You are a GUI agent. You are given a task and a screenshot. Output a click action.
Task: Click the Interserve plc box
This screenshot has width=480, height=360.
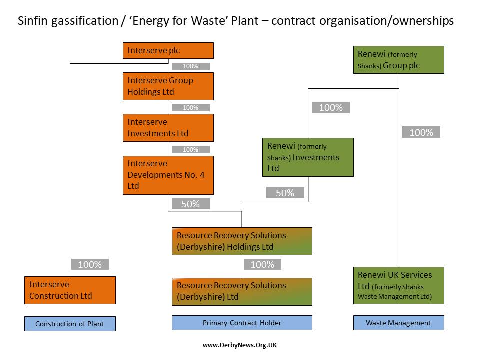[x=168, y=50]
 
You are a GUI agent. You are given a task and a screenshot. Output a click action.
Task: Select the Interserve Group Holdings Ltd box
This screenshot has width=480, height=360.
[x=168, y=86]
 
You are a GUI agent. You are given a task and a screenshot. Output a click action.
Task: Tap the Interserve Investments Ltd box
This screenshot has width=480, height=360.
[x=168, y=127]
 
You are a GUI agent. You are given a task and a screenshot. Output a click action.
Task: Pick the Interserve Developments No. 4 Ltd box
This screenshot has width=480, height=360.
[x=168, y=175]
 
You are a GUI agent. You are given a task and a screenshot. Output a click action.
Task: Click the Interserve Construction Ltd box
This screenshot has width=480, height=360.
[x=70, y=290]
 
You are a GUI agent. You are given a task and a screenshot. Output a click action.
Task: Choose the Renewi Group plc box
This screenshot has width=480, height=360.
[x=398, y=60]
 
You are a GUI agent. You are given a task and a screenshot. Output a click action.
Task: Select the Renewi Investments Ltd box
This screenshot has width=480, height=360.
[x=308, y=157]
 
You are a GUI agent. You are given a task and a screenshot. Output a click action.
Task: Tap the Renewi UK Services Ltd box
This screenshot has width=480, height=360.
[x=398, y=285]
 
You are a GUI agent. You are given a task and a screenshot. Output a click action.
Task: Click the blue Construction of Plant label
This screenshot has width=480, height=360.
[x=70, y=324]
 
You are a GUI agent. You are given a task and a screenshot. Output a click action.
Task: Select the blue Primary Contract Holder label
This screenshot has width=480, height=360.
[x=242, y=323]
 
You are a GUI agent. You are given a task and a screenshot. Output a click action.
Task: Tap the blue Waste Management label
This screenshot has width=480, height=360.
[x=398, y=323]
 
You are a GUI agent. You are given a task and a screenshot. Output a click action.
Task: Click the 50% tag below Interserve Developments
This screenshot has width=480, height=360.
[x=190, y=204]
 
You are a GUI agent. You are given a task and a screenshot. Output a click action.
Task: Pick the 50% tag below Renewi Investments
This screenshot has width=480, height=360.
[x=285, y=193]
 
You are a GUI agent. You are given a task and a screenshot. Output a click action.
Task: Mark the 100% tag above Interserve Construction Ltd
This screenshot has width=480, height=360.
[x=90, y=264]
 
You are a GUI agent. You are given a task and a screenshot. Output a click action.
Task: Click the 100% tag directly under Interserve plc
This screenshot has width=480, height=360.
[x=190, y=66]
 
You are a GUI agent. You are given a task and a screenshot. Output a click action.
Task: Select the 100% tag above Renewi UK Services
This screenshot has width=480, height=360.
[x=421, y=132]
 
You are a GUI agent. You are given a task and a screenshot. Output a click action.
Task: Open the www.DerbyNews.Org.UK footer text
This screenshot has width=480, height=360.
[x=240, y=345]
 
